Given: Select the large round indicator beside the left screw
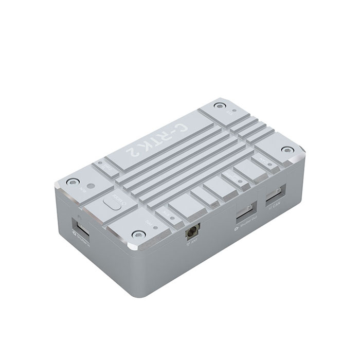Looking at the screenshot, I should [91, 187].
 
